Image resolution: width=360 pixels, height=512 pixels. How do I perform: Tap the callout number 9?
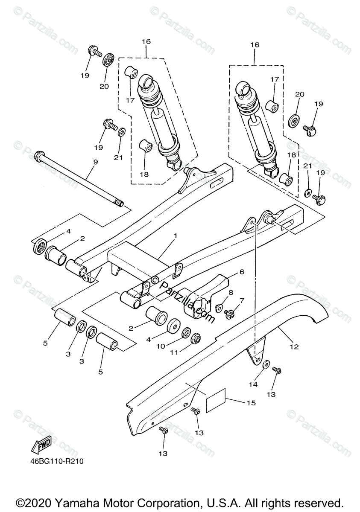[95, 162]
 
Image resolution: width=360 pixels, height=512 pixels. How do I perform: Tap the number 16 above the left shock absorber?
[146, 41]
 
